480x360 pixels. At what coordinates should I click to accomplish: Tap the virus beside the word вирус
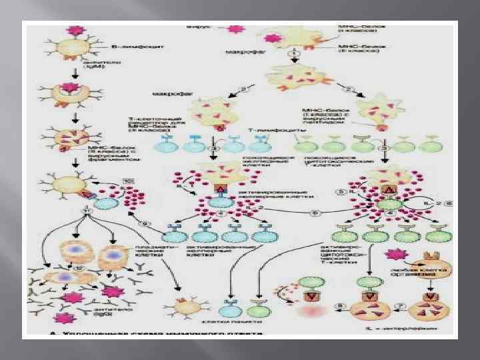click(235, 30)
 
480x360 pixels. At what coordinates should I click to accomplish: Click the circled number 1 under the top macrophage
click(292, 54)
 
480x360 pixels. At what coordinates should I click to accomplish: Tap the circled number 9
click(145, 223)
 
